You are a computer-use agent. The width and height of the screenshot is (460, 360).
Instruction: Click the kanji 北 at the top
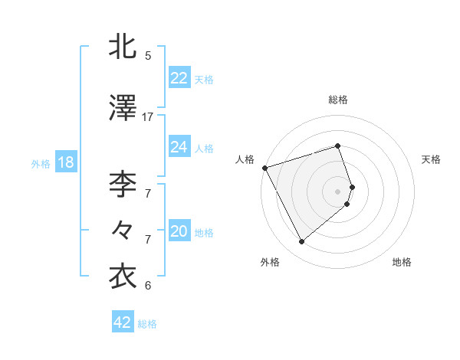pos(123,47)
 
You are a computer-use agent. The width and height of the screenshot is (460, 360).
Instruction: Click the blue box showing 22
pos(179,77)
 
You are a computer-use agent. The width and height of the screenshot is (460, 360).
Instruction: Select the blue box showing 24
pos(179,146)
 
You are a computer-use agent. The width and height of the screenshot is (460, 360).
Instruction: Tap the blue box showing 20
pos(179,231)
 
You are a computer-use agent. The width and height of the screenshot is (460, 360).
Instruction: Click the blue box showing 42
pos(123,322)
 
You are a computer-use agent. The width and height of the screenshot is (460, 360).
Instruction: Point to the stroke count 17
pos(148,117)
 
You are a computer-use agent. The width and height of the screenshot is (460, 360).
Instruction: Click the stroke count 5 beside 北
pos(148,56)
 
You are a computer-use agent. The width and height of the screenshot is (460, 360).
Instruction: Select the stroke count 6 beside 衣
pos(148,286)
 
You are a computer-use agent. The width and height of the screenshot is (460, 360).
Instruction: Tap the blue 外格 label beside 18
pos(40,163)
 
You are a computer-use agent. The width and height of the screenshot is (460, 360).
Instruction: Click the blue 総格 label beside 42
pos(147,324)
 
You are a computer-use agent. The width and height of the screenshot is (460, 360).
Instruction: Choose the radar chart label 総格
pos(338,100)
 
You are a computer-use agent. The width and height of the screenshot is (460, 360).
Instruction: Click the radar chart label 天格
pos(432,159)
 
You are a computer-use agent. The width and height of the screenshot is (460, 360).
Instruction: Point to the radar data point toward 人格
pos(264,168)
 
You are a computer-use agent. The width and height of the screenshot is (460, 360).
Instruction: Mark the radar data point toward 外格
pos(301,242)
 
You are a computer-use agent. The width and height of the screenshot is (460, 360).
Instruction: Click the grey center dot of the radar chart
pos(338,191)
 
